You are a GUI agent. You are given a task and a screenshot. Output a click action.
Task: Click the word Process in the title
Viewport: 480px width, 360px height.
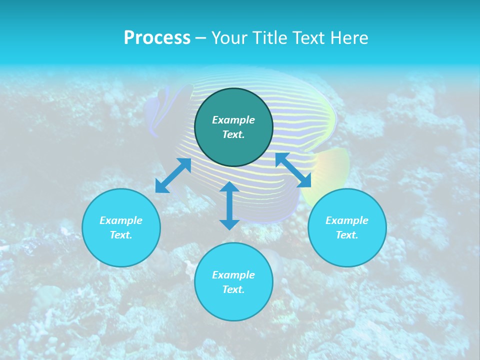click(x=157, y=38)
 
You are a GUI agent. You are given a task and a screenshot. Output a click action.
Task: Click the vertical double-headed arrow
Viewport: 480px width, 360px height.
click(x=229, y=205)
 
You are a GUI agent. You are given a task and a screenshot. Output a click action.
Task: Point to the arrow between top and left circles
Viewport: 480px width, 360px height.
click(x=173, y=175)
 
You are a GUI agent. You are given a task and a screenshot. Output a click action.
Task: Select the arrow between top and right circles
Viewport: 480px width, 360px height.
click(x=293, y=170)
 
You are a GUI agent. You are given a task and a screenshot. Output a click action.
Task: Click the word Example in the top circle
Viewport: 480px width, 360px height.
click(x=233, y=120)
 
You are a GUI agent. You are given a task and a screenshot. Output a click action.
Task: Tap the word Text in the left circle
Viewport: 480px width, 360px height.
click(x=120, y=235)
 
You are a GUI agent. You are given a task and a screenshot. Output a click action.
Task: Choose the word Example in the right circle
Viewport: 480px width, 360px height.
click(x=347, y=220)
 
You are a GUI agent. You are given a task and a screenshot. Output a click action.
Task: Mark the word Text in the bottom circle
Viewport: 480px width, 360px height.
click(x=233, y=289)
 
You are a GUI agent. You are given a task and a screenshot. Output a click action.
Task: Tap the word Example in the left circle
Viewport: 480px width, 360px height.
click(x=121, y=220)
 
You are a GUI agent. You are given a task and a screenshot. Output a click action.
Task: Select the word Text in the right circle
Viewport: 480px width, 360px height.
click(x=346, y=235)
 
